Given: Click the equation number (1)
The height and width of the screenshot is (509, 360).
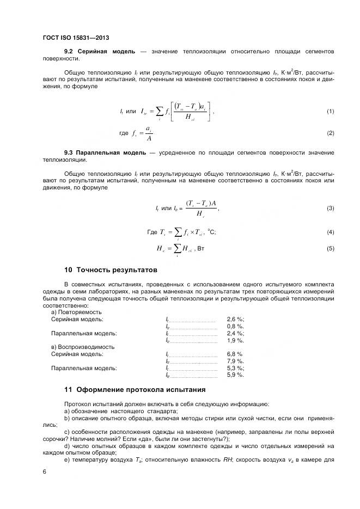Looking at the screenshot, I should pyautogui.click(x=330, y=112).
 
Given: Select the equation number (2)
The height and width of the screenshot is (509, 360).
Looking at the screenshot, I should pyautogui.click(x=330, y=133).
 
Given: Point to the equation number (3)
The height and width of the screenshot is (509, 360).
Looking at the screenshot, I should pyautogui.click(x=330, y=209).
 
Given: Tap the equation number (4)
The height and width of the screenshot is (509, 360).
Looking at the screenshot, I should pyautogui.click(x=330, y=232).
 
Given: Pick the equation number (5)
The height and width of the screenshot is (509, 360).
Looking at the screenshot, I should pyautogui.click(x=330, y=249).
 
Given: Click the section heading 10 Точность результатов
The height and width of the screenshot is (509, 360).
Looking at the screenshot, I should pyautogui.click(x=111, y=270).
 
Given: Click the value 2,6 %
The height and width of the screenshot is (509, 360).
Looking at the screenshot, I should pyautogui.click(x=235, y=320).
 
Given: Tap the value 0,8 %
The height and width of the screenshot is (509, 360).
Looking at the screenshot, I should pyautogui.click(x=235, y=327).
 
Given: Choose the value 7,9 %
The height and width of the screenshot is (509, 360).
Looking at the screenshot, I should pyautogui.click(x=235, y=361).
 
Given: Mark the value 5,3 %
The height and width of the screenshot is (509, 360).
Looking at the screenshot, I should pyautogui.click(x=235, y=368).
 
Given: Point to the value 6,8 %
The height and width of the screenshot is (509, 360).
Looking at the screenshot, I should pyautogui.click(x=235, y=354).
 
